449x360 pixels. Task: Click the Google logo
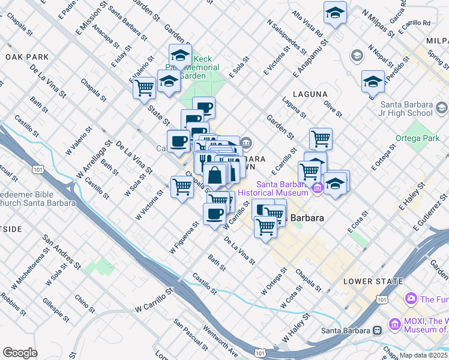pos(20,353)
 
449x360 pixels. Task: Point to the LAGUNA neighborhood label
pos(310,94)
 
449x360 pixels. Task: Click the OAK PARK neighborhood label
pos(26,57)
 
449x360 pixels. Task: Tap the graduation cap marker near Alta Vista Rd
pos(335,12)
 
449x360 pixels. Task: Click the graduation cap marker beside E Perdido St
pos(373,80)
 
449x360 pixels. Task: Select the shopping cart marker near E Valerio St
pos(145,87)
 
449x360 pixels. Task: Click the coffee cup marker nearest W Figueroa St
pos(214,214)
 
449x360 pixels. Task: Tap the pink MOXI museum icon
pos(394,325)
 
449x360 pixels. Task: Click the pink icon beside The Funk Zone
pos(411,298)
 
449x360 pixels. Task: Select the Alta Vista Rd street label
pos(308,22)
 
